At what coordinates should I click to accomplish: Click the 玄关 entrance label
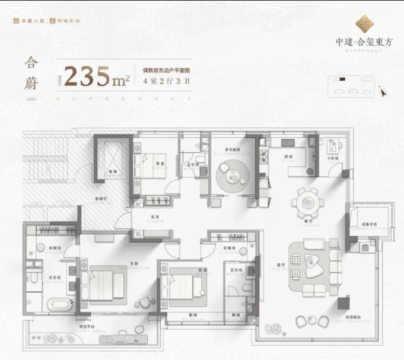pyautogui.click(x=157, y=217)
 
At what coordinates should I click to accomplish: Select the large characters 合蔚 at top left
pyautogui.click(x=31, y=75)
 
